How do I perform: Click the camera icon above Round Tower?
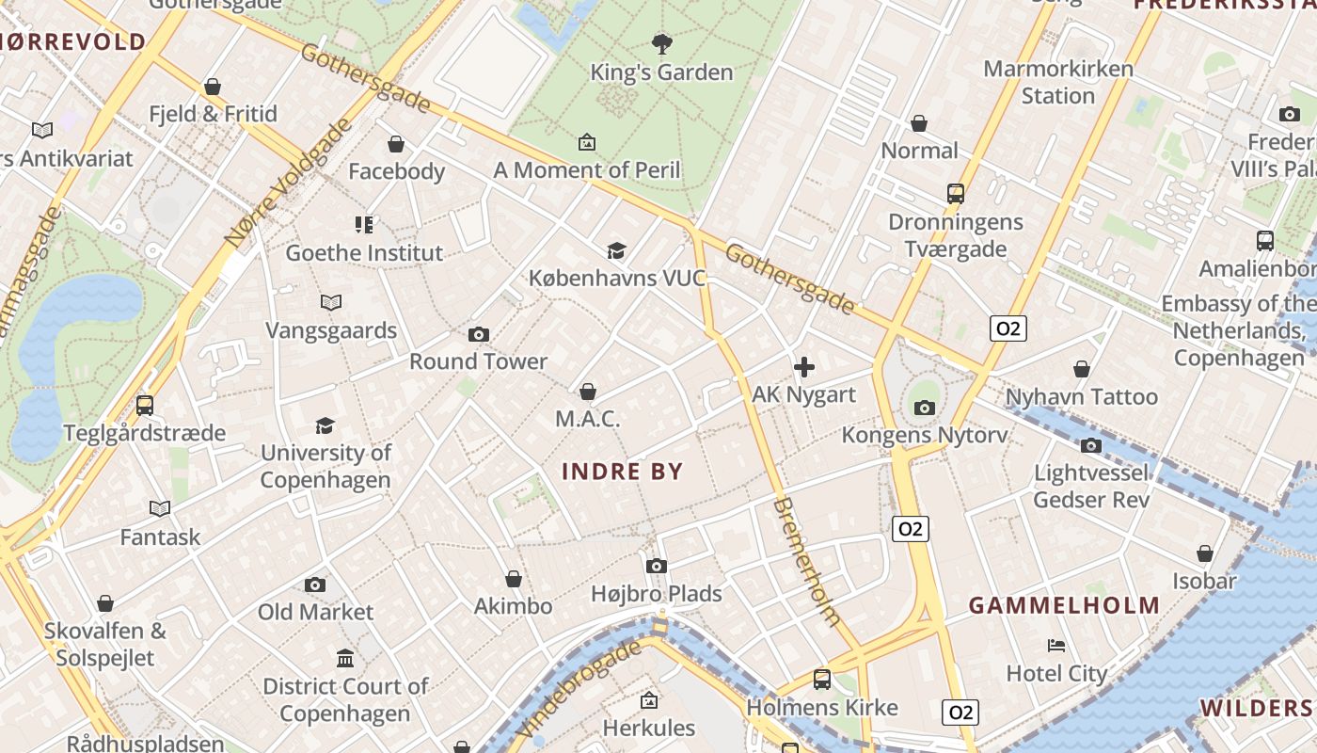click(x=479, y=334)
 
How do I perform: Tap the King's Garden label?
click(x=661, y=72)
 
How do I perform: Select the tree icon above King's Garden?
click(x=661, y=42)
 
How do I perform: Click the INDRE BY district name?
click(x=622, y=472)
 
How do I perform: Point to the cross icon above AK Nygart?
click(x=804, y=367)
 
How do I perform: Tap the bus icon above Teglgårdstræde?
click(x=145, y=406)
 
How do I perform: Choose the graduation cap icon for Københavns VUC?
click(x=616, y=250)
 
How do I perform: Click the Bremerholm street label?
click(x=806, y=562)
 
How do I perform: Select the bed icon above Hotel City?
click(x=1056, y=646)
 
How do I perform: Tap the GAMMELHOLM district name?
click(x=1064, y=605)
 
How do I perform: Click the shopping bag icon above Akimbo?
click(x=514, y=579)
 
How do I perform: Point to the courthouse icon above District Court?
click(x=345, y=658)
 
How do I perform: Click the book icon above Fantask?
click(x=160, y=508)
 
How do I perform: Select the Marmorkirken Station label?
click(x=1057, y=82)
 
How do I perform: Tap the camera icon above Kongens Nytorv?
click(x=925, y=408)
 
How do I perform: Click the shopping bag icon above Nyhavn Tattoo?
click(x=1082, y=369)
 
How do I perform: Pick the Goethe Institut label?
click(x=364, y=253)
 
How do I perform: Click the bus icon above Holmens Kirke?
click(x=822, y=679)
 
